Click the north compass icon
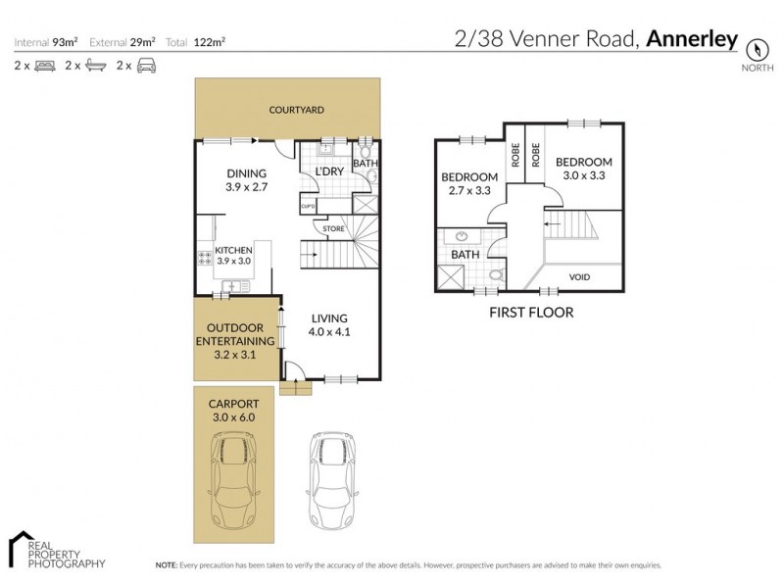click(x=756, y=48)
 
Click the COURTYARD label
click(x=297, y=111)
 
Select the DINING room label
click(x=246, y=173)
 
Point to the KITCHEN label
click(x=234, y=251)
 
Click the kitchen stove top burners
click(x=206, y=260)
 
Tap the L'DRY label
click(x=328, y=171)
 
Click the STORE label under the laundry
click(x=334, y=229)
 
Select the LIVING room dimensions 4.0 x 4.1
click(x=330, y=331)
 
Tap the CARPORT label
click(x=233, y=403)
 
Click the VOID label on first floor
click(x=579, y=277)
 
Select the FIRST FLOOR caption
click(x=530, y=313)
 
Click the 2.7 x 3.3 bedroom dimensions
click(x=468, y=191)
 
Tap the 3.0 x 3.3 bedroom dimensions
click(x=584, y=176)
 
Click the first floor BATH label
click(x=465, y=255)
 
